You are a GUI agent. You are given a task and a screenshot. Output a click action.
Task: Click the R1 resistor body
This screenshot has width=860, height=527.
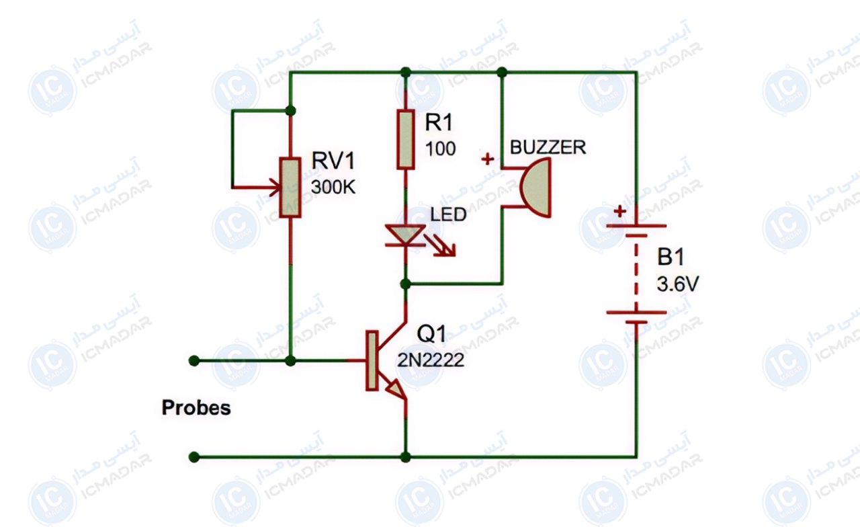tap(405, 139)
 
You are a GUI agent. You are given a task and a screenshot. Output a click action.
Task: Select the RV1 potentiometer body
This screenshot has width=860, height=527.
tap(290, 188)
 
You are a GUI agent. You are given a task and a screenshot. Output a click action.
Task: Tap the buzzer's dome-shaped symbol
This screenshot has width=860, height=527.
tap(536, 188)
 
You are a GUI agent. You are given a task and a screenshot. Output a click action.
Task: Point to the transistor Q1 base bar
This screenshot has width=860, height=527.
tap(372, 360)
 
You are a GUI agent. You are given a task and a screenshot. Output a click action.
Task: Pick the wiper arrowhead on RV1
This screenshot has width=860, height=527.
tap(275, 188)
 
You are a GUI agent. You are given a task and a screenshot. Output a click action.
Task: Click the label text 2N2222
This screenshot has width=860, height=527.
tap(431, 360)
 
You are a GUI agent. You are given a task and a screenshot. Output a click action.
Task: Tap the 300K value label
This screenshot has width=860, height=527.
tap(333, 188)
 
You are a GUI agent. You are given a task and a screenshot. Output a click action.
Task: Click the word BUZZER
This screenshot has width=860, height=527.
tap(548, 147)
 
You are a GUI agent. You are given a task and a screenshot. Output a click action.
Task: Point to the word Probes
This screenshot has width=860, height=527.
tap(196, 408)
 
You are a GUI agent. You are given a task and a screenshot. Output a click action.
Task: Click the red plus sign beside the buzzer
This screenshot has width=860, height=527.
tap(488, 159)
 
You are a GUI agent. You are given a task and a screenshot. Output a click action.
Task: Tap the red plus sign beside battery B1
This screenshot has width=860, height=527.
tap(619, 211)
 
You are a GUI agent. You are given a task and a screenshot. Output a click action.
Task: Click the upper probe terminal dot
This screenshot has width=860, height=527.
tap(194, 361)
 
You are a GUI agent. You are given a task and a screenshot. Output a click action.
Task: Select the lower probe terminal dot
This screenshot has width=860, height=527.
tap(194, 457)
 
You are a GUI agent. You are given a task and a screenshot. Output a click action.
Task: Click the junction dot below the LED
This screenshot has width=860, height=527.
tap(405, 284)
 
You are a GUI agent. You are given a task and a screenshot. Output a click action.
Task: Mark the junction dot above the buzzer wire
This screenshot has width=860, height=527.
tap(502, 72)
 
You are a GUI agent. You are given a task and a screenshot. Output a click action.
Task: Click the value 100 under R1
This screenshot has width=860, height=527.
tap(440, 149)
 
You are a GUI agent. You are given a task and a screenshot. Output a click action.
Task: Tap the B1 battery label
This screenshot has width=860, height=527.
tap(671, 257)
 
